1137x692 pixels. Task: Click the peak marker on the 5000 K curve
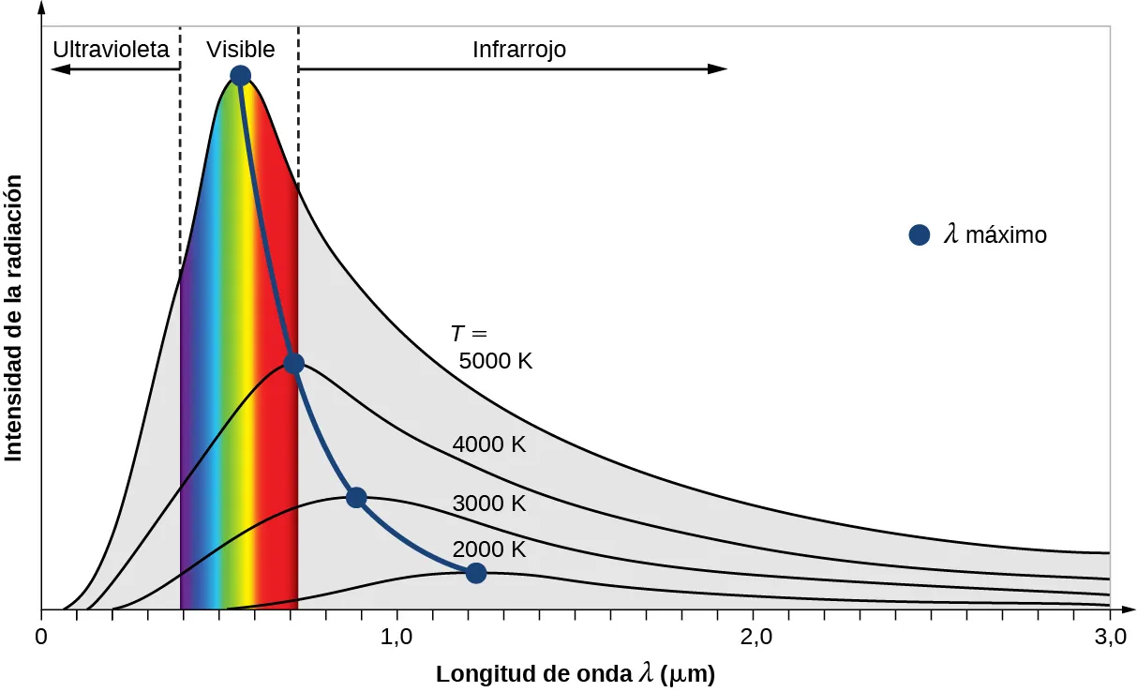(x=240, y=76)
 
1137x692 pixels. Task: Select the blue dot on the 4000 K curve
(x=293, y=364)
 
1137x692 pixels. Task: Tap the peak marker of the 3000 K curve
(x=355, y=498)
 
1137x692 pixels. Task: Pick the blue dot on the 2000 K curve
(x=476, y=573)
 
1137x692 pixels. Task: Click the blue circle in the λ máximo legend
(x=919, y=234)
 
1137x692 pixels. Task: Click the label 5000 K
(x=495, y=361)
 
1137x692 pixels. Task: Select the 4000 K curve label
(x=488, y=444)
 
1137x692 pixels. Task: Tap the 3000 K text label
(x=488, y=504)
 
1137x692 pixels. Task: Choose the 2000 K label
(x=488, y=549)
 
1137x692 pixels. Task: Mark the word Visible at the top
(x=241, y=50)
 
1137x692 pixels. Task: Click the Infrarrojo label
(x=519, y=50)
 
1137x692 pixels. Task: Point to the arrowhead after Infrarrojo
(x=718, y=68)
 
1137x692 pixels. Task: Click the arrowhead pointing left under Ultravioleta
(x=59, y=68)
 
